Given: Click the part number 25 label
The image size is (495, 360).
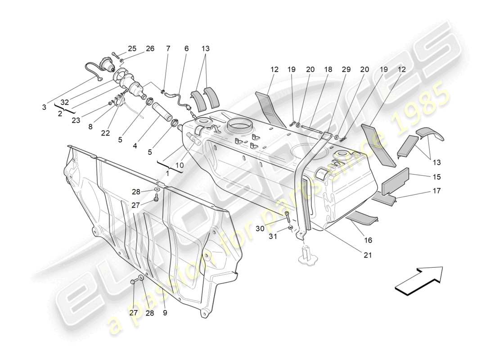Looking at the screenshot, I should tap(132, 49).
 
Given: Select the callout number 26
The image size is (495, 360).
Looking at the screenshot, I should tap(150, 49).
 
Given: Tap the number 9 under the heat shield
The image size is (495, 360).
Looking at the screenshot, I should tap(165, 312).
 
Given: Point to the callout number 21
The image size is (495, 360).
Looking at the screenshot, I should tap(368, 255).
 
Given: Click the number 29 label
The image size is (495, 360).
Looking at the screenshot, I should tap(346, 70).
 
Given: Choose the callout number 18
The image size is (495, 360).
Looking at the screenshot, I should tap(328, 70).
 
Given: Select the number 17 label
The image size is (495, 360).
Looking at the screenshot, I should tap(436, 191).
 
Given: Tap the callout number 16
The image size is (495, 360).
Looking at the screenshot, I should tap(368, 240).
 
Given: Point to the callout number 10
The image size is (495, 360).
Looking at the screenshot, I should tap(179, 165).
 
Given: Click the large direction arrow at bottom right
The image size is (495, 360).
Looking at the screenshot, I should tap(418, 281).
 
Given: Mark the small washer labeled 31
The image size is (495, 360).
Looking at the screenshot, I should tap(291, 228).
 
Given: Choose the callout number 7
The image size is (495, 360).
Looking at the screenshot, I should tap(168, 49).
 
